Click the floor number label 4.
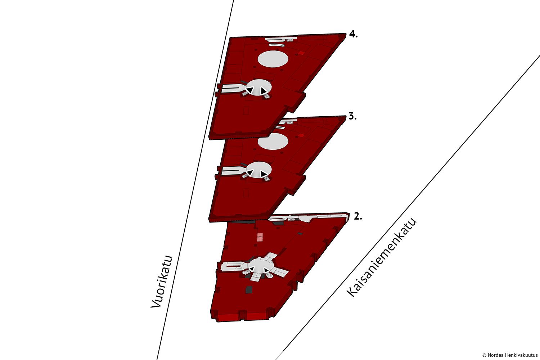[353, 35]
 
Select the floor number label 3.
[353, 116]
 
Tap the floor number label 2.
[358, 216]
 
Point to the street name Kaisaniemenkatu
[381, 257]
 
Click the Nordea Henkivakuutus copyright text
[510, 355]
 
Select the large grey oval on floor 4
[273, 59]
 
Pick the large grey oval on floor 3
[273, 141]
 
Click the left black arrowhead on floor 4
[250, 90]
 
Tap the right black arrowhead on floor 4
[264, 91]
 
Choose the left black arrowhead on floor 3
[250, 172]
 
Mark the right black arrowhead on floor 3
[264, 173]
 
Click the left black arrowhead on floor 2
[252, 268]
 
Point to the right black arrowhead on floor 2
[266, 270]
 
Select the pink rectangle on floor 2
[260, 237]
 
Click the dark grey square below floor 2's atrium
[248, 289]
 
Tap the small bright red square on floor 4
[301, 53]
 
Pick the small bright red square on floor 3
[301, 135]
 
